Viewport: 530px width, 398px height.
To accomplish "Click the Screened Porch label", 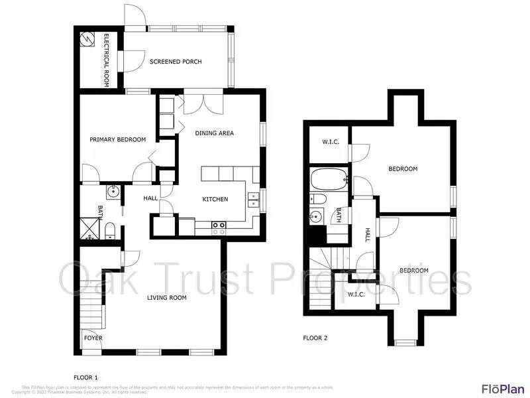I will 175,62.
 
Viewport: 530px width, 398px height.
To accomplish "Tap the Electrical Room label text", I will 106,60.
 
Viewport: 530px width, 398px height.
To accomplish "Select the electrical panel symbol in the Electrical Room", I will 87,39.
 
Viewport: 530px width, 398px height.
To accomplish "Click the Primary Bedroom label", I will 118,139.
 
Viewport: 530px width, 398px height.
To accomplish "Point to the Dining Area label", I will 214,133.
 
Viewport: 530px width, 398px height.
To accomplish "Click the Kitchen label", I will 215,199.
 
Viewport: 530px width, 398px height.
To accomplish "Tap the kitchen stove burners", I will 219,226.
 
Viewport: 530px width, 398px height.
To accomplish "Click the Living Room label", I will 166,298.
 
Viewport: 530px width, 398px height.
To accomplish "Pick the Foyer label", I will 93,338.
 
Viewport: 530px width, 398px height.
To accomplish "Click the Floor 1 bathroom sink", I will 113,192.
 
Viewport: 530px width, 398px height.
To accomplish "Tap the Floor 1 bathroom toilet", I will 111,230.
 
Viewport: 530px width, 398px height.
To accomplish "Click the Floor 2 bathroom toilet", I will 318,199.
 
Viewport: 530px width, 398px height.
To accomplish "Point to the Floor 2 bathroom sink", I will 317,216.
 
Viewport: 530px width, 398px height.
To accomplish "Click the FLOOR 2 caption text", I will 315,338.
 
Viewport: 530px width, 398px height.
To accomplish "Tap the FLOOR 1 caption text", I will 85,375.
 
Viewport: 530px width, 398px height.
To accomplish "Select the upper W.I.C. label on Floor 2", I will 331,141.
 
